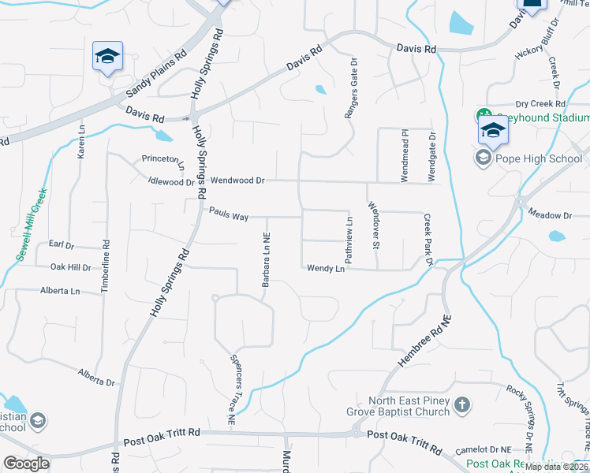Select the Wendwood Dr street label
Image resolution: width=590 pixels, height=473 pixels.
coord(237,181)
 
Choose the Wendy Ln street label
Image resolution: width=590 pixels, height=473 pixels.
coord(326,269)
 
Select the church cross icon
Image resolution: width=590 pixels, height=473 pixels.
coord(463,406)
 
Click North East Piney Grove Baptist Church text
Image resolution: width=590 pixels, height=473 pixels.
coord(398,406)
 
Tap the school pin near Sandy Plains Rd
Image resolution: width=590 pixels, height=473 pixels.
coord(107,57)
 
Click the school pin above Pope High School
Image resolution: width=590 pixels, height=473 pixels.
coord(492,132)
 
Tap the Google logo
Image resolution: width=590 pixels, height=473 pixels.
coord(27,464)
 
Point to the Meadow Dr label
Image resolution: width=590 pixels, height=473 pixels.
coord(550,215)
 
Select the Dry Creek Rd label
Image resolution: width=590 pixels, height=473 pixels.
coord(540,104)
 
